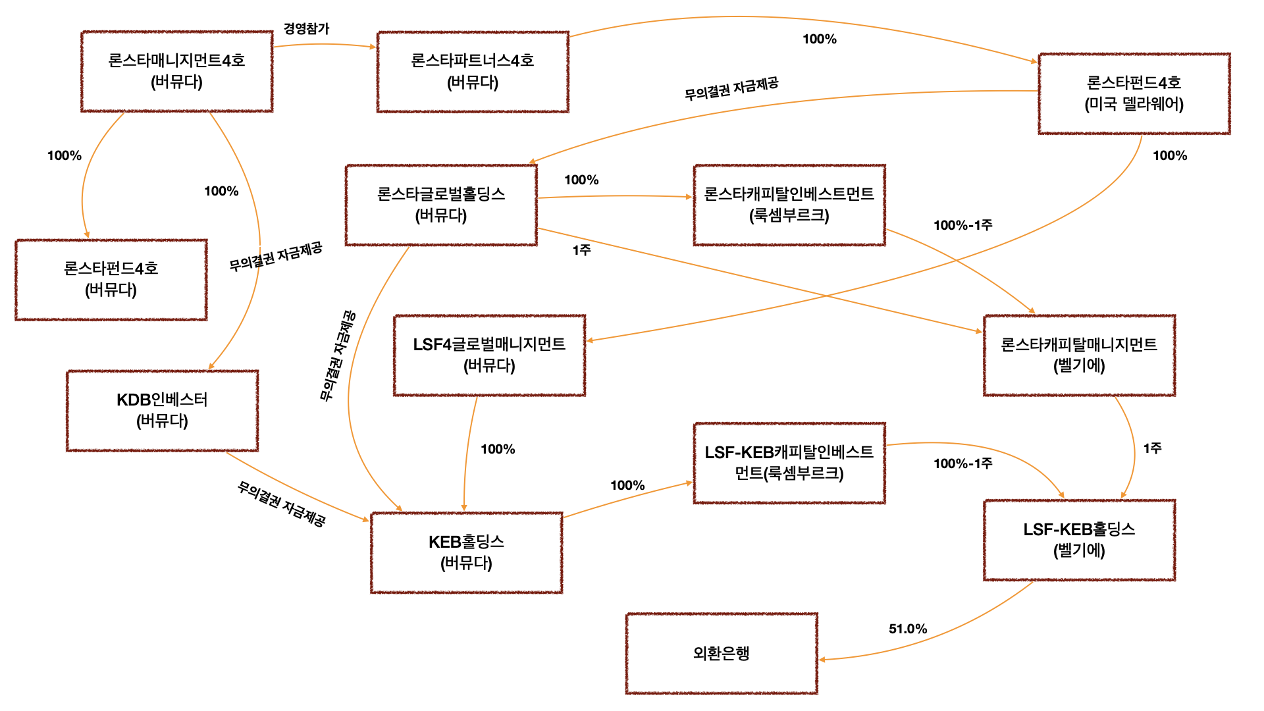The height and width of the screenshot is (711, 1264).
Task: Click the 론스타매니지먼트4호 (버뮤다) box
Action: (x=176, y=71)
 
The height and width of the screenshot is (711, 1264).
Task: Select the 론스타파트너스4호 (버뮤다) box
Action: (x=473, y=71)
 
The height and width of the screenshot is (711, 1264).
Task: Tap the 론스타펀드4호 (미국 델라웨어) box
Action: (x=1134, y=93)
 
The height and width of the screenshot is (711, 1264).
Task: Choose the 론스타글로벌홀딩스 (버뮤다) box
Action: (x=441, y=205)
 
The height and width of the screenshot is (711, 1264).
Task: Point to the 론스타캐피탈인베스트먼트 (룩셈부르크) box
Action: (x=789, y=205)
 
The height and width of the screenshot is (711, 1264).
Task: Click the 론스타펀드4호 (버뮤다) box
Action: (x=111, y=279)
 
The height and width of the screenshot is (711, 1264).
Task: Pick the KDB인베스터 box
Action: (x=162, y=410)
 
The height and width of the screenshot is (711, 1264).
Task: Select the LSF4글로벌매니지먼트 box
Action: (x=489, y=355)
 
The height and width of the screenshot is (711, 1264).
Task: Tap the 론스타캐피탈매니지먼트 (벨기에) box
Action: (x=1079, y=355)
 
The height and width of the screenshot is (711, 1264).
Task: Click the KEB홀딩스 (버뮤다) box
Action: (x=466, y=552)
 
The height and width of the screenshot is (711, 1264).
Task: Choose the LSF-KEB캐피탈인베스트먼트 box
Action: (x=789, y=463)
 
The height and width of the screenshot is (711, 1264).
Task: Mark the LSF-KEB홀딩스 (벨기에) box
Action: (x=1079, y=540)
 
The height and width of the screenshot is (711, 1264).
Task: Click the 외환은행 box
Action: (x=722, y=653)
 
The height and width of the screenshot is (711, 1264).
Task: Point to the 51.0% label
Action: (x=908, y=629)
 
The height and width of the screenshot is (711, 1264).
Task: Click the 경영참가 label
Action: (x=306, y=28)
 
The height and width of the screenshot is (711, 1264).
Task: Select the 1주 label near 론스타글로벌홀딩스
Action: (x=581, y=250)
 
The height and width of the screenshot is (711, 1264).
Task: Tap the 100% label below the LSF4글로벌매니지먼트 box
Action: (x=498, y=449)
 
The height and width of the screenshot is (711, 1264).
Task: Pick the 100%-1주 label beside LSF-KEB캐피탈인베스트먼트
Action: (x=962, y=463)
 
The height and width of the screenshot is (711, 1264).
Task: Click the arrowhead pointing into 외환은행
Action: (x=822, y=659)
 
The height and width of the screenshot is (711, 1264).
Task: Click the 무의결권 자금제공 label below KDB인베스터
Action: (x=281, y=504)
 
